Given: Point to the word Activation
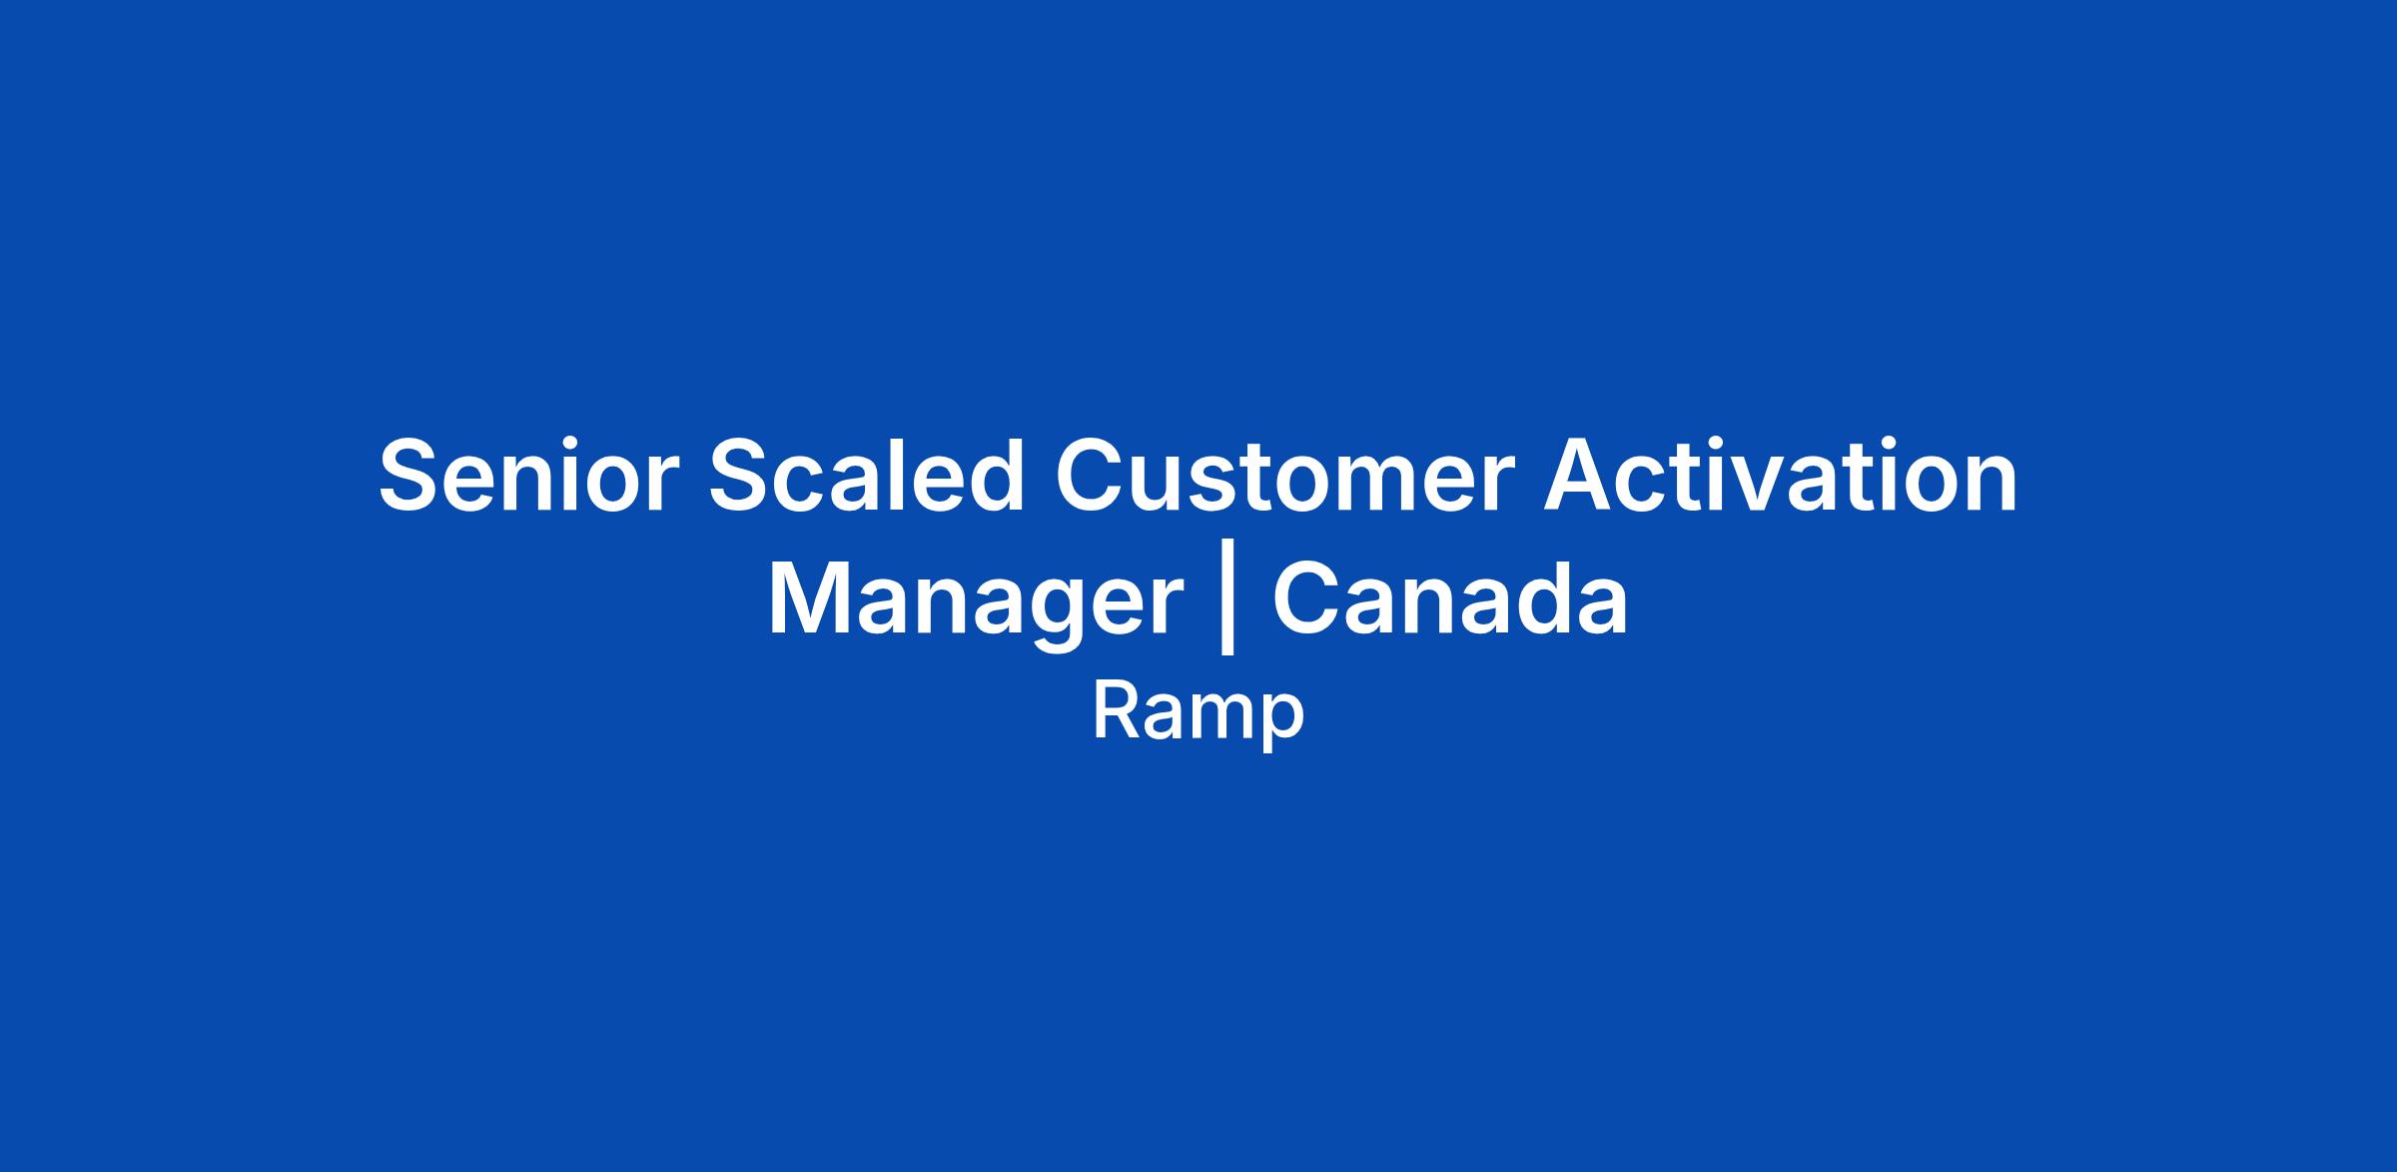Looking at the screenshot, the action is [x=1781, y=477].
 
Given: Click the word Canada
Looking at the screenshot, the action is [x=1450, y=598].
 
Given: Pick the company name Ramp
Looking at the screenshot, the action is [x=1198, y=713].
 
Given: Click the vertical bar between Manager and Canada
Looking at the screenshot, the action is [x=1227, y=604].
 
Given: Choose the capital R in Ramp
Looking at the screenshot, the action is [x=1116, y=711].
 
